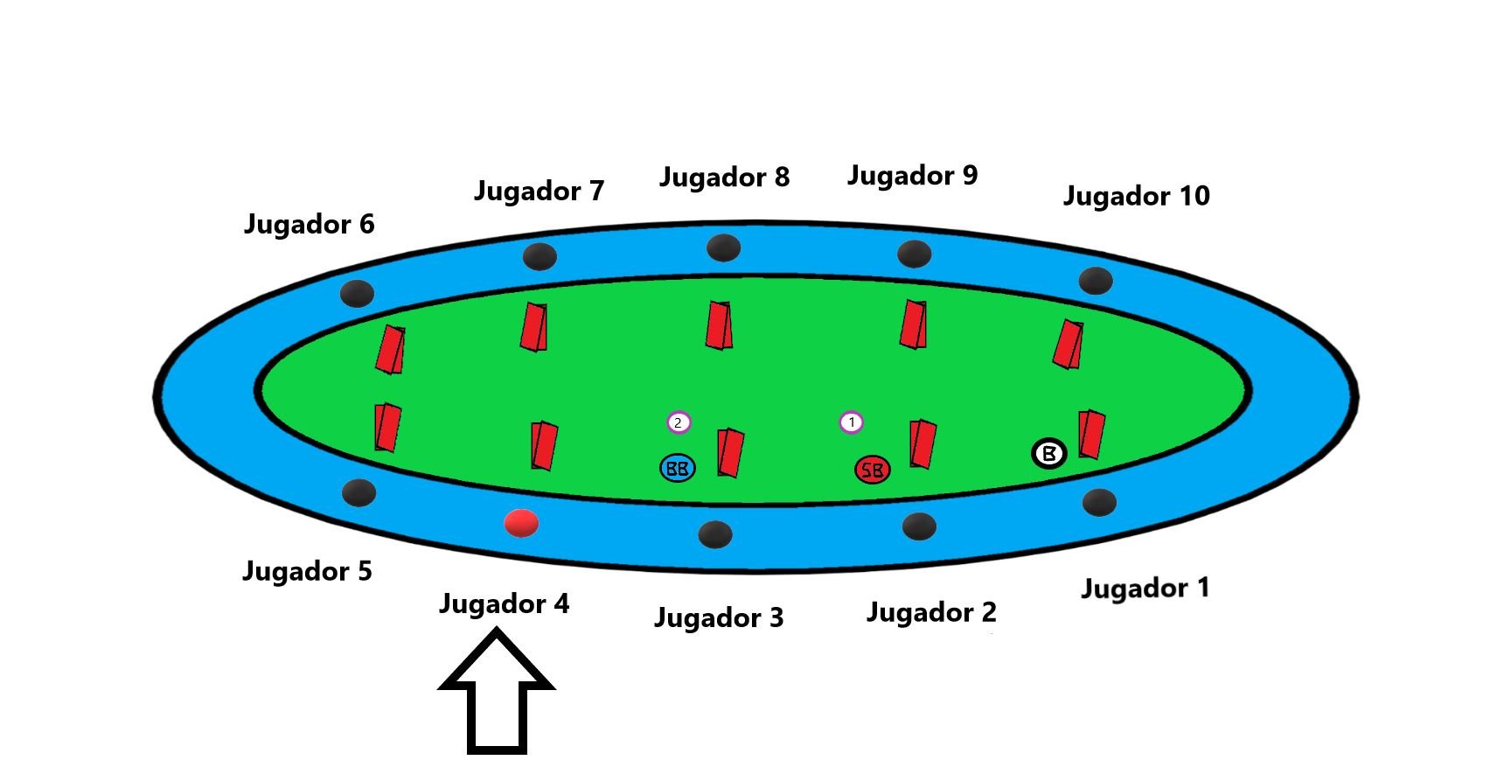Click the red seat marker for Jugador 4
tap(521, 523)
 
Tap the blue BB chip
tap(678, 468)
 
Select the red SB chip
tap(872, 470)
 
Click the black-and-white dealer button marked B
tap(1048, 453)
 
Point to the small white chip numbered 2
tap(679, 422)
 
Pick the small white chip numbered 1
tap(851, 422)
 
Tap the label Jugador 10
tap(1136, 196)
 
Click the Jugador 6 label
tap(309, 224)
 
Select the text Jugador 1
tap(1145, 588)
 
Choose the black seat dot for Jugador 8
tap(723, 248)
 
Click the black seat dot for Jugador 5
tap(359, 492)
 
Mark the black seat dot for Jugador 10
tap(1095, 281)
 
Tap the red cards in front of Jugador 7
tap(534, 326)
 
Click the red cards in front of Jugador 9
tap(914, 324)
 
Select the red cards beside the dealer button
tap(1090, 434)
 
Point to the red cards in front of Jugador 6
tap(390, 350)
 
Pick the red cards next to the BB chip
tap(730, 452)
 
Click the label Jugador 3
tap(718, 618)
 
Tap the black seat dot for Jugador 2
tap(918, 526)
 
